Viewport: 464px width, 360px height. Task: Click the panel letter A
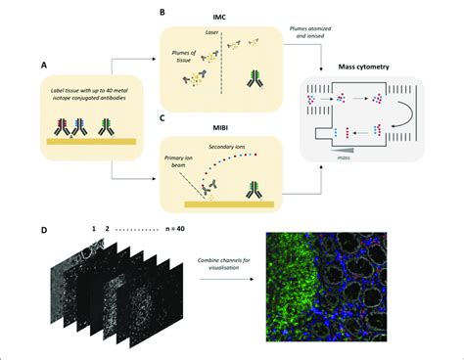coord(44,66)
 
